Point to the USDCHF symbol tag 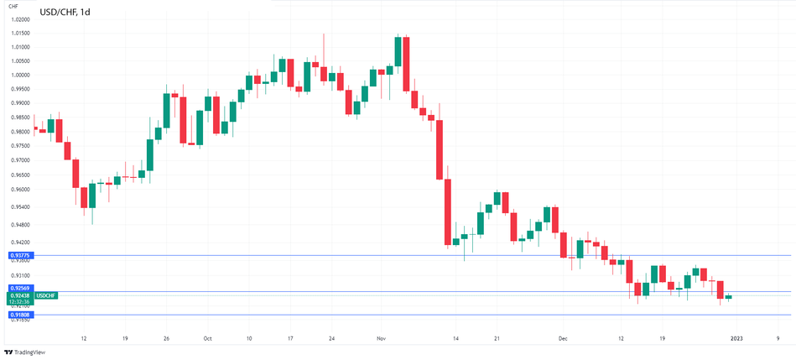45,295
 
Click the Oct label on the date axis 207,339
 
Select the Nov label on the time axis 381,339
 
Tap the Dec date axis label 563,339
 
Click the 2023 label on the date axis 736,339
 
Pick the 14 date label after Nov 455,339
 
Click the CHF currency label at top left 13,6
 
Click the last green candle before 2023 728,297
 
